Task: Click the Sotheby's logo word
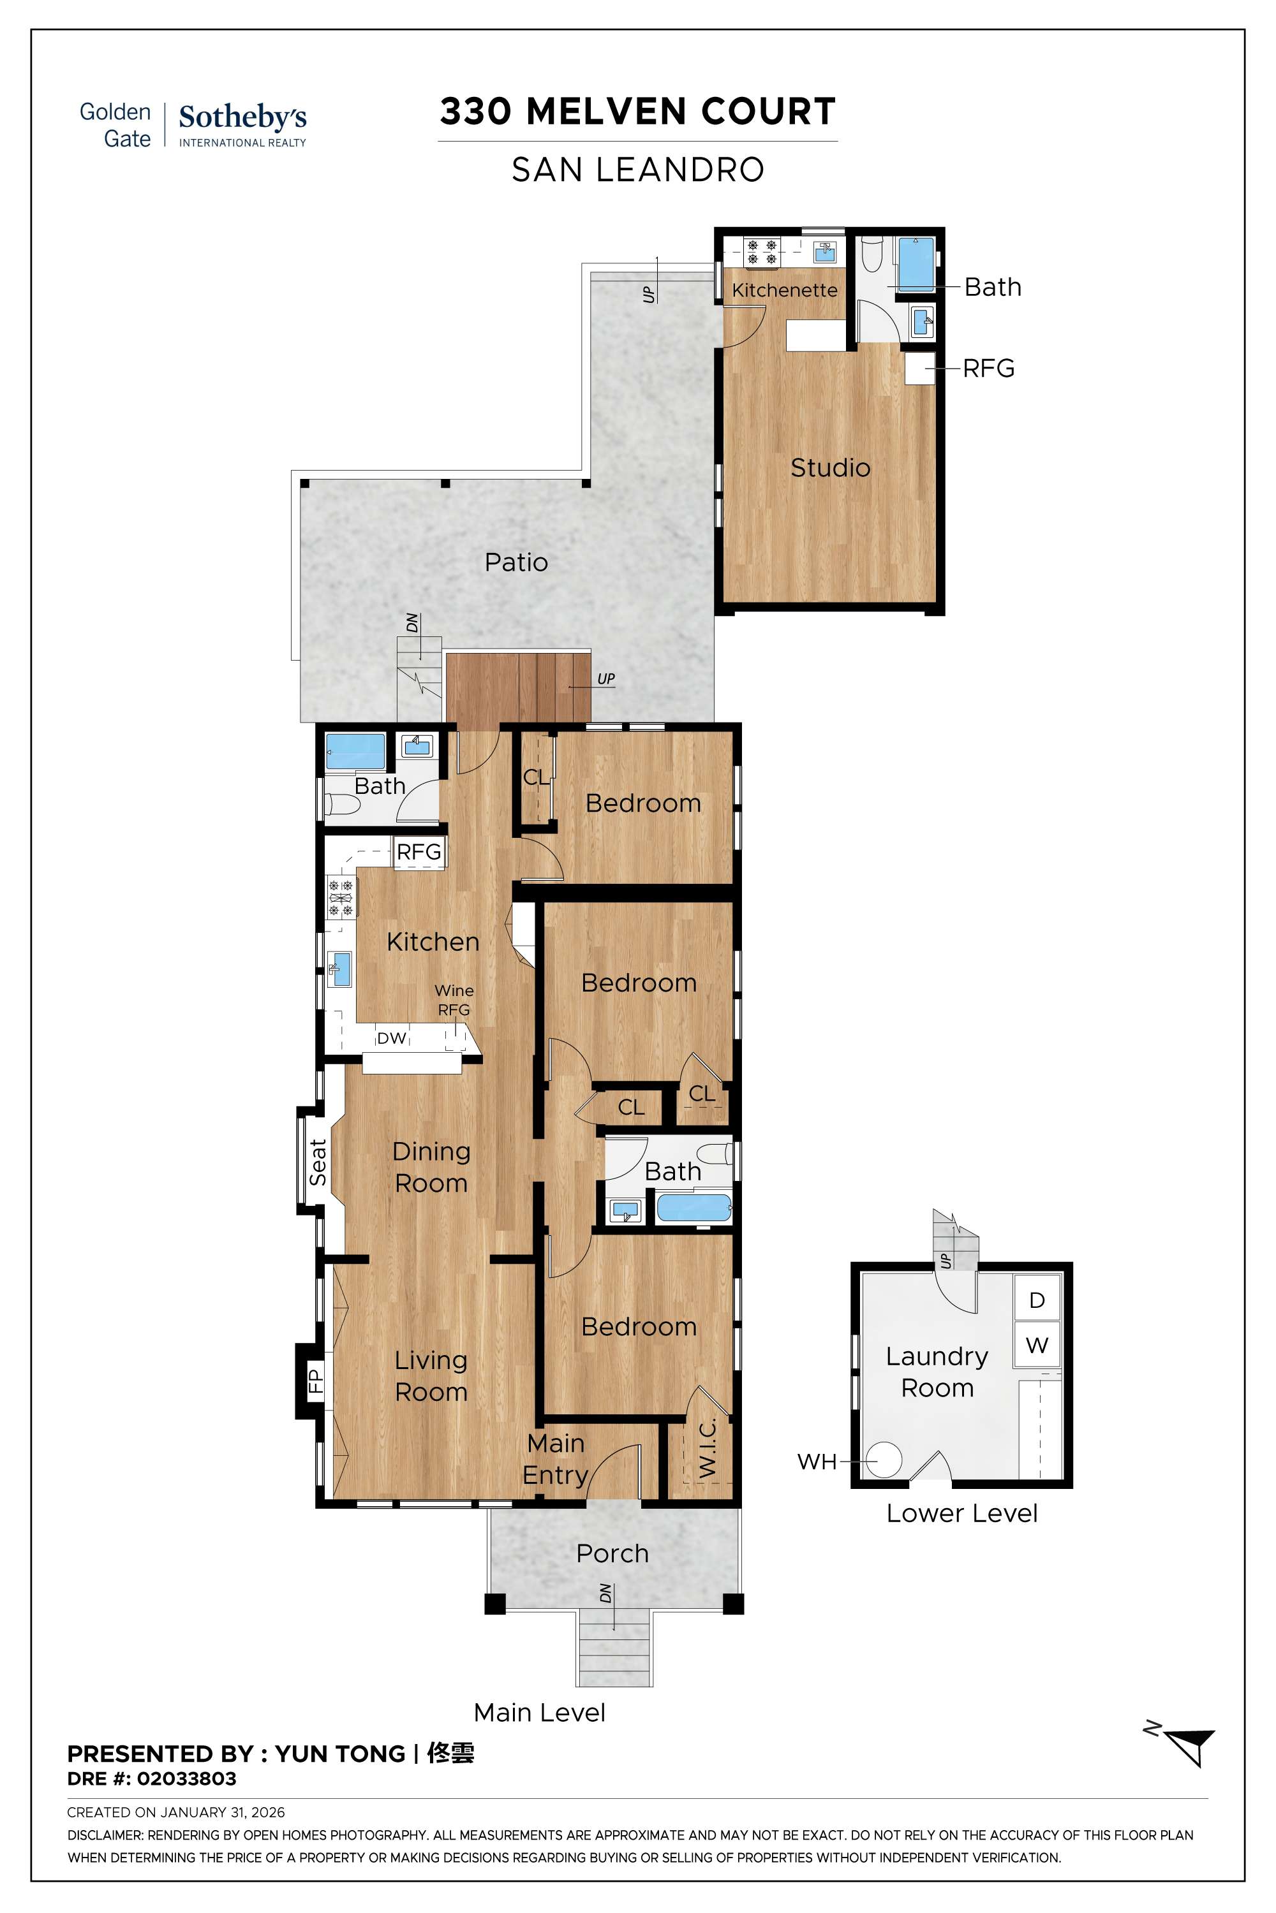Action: [242, 117]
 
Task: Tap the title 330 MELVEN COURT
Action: [637, 112]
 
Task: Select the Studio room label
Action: [830, 467]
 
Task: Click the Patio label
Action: [516, 562]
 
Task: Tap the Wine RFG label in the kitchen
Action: [454, 1000]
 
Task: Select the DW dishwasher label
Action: [392, 1038]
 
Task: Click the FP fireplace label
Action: [316, 1381]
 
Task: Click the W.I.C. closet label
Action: [707, 1447]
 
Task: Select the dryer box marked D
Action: [1037, 1300]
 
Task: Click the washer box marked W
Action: [1037, 1345]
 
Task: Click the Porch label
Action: [612, 1553]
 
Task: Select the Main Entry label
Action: [555, 1458]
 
